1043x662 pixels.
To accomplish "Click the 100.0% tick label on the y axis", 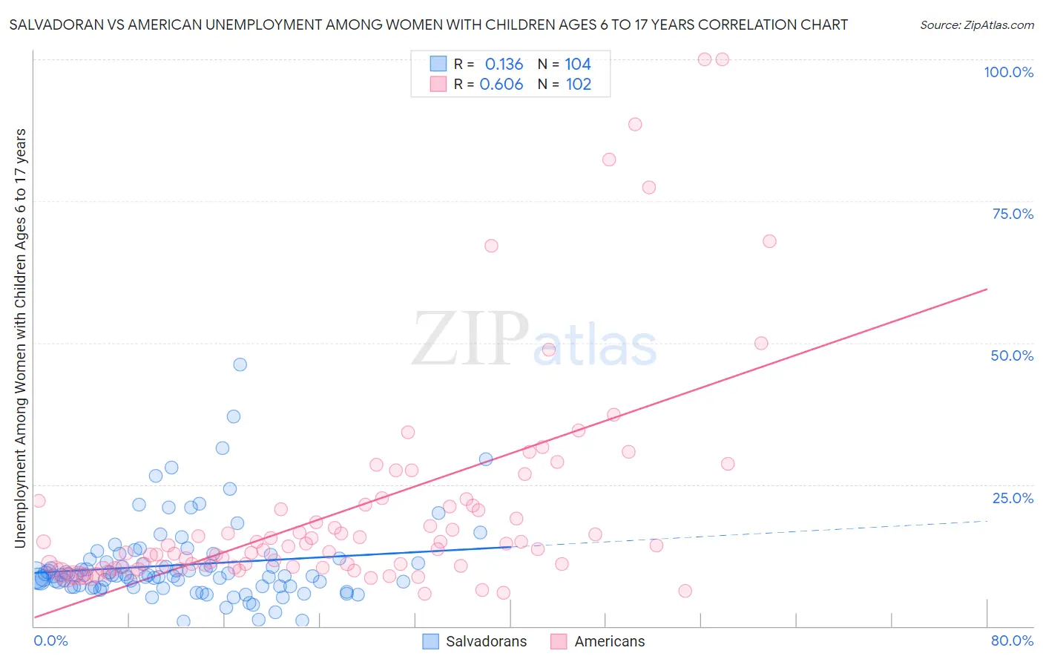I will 1008,72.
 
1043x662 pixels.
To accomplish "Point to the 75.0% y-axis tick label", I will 1013,214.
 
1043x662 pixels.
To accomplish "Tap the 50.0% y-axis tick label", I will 1012,355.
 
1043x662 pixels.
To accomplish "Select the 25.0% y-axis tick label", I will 1013,498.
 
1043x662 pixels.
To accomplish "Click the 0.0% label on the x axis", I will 50,640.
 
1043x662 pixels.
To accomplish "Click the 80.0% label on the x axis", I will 1012,640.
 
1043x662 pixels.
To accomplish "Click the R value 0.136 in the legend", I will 504,65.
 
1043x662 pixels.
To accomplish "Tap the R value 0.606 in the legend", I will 501,85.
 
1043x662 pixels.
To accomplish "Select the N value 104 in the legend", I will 578,65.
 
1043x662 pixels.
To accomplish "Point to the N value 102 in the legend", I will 579,85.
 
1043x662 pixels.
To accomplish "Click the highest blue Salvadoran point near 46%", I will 240,364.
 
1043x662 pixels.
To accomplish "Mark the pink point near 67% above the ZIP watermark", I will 491,246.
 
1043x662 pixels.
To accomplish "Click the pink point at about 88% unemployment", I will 635,125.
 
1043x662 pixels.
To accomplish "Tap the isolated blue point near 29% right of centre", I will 486,459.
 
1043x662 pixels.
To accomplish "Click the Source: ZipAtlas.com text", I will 976,25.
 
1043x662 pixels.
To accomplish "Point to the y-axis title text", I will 20,338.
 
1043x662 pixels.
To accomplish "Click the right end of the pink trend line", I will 987,289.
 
